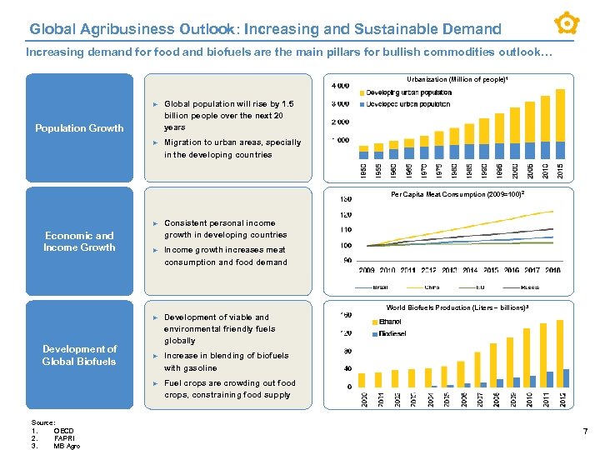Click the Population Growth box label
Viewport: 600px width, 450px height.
[x=79, y=128]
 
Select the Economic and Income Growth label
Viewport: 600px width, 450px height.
[x=79, y=242]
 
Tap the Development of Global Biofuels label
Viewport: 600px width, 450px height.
[x=79, y=355]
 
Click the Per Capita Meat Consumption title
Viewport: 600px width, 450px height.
[x=457, y=195]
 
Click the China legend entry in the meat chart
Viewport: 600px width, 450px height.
[x=432, y=287]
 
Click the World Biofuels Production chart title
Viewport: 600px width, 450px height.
[x=457, y=307]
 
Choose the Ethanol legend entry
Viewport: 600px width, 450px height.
[x=389, y=321]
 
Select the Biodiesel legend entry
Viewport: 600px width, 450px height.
[x=392, y=333]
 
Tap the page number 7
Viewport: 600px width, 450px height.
[x=585, y=432]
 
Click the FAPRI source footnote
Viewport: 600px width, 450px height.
[x=63, y=437]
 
